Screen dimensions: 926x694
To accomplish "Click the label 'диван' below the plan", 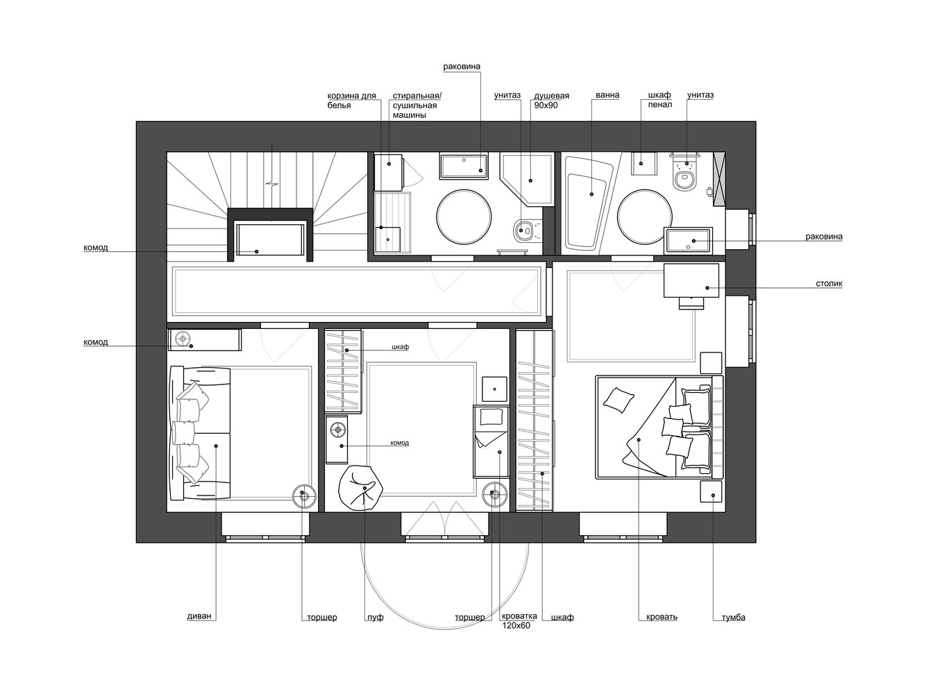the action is coord(199,616).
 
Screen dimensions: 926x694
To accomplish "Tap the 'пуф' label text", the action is coord(375,618).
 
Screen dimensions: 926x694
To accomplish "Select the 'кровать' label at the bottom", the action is coord(662,617).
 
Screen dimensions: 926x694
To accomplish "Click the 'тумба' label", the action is coord(733,618).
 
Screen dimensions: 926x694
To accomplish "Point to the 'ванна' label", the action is coord(607,95).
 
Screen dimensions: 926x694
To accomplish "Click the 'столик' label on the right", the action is coord(829,284).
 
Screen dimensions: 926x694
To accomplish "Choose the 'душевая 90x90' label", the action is coord(551,101).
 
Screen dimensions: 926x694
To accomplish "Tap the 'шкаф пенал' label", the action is coord(660,100).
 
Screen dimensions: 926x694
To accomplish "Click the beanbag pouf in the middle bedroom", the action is coord(361,488).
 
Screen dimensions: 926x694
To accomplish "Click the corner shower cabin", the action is coord(526,179).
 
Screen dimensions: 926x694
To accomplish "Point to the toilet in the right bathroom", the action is coord(684,173).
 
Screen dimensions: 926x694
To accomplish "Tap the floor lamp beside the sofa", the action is coord(305,496).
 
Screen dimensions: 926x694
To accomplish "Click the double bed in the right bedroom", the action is coord(659,427).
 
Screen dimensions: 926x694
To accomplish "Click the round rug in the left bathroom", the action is coord(464,217).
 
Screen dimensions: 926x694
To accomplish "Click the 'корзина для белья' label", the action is coord(351,101).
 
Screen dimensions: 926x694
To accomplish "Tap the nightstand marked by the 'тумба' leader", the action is coord(711,491).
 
